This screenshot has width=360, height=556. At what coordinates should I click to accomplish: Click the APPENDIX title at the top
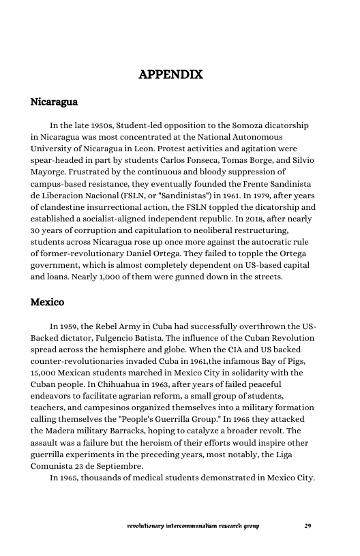click(x=170, y=74)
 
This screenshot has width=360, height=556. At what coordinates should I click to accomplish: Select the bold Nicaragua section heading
click(x=54, y=103)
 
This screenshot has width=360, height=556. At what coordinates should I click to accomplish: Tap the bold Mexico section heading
click(x=47, y=301)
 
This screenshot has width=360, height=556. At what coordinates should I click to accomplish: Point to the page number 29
click(x=307, y=526)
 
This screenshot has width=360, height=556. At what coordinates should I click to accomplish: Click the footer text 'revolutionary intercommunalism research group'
click(x=193, y=526)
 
